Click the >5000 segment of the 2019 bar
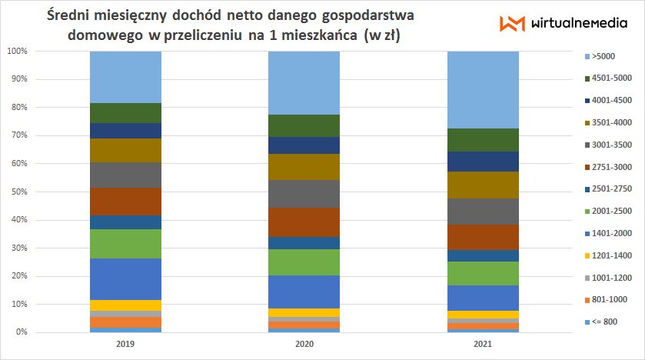(x=125, y=77)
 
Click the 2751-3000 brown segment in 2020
(x=304, y=222)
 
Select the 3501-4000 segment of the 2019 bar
(x=125, y=150)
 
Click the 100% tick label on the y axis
(x=17, y=51)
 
